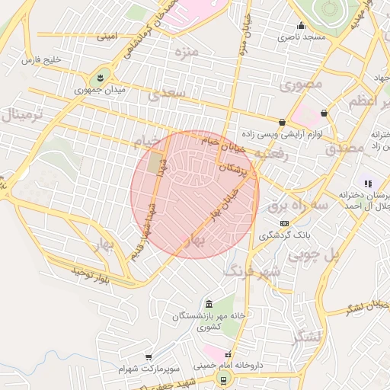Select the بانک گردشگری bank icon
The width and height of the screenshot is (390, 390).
(x=284, y=223)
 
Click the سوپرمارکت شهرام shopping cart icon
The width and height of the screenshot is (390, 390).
(x=149, y=356)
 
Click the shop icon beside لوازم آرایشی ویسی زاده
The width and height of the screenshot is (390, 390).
(x=283, y=121)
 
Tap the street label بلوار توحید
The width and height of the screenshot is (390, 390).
(x=91, y=274)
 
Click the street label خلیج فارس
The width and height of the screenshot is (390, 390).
(x=42, y=59)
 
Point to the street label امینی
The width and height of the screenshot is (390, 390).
(x=107, y=36)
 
